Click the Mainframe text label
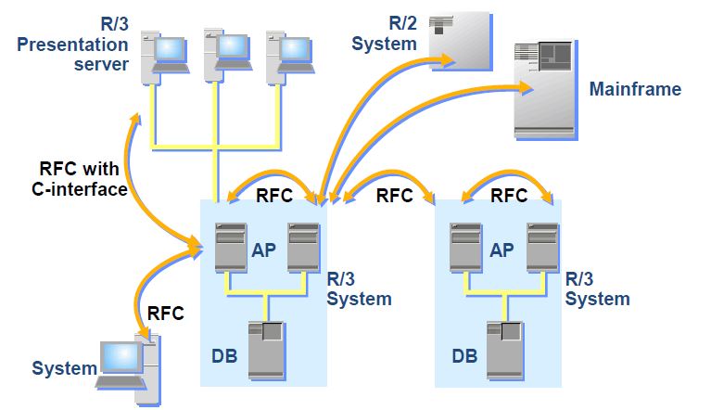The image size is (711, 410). click(635, 90)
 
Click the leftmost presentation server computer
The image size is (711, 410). click(158, 53)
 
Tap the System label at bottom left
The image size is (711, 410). click(64, 368)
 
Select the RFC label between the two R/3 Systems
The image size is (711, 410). click(394, 196)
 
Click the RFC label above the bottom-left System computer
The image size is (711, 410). click(166, 313)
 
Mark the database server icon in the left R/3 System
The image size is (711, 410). click(267, 348)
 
